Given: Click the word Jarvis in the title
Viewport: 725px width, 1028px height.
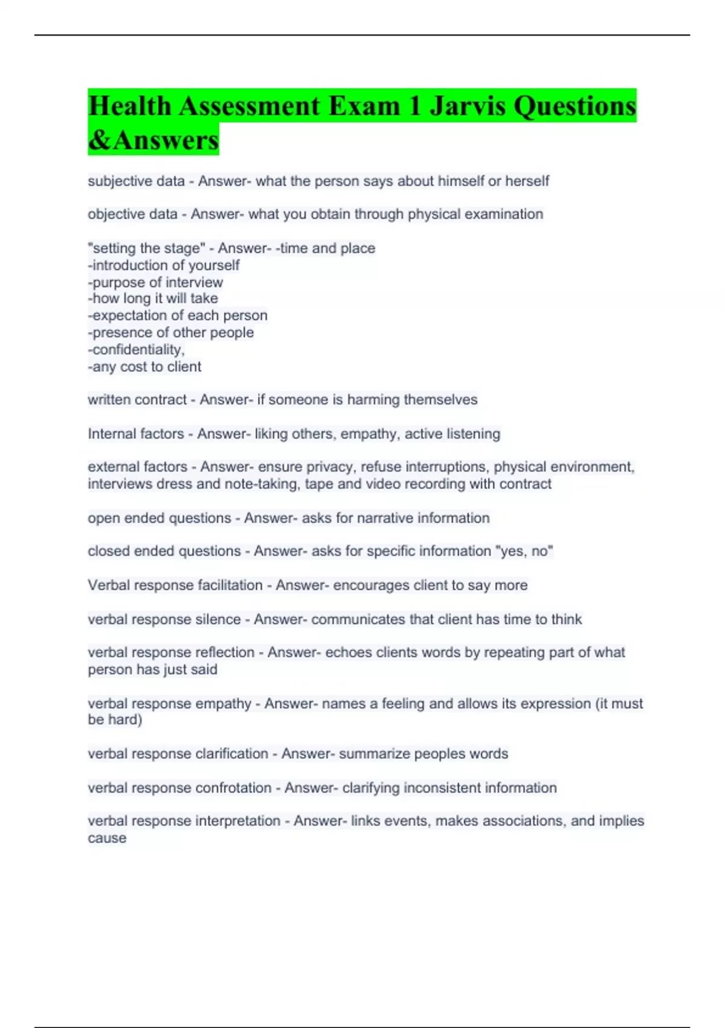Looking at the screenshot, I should pos(468,106).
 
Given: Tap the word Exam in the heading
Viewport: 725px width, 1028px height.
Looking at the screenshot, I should pos(364,106).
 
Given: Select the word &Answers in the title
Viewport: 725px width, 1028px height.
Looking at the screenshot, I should pos(153,140).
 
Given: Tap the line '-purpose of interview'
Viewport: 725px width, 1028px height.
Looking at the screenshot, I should pos(155,282).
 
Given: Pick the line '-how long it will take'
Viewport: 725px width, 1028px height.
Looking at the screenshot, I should pos(153,298).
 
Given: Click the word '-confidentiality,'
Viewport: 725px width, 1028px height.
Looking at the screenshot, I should pos(137,350).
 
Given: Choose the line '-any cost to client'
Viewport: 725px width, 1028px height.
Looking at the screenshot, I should pos(144,366).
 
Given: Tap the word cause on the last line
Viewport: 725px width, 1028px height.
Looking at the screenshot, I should pos(107,838).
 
